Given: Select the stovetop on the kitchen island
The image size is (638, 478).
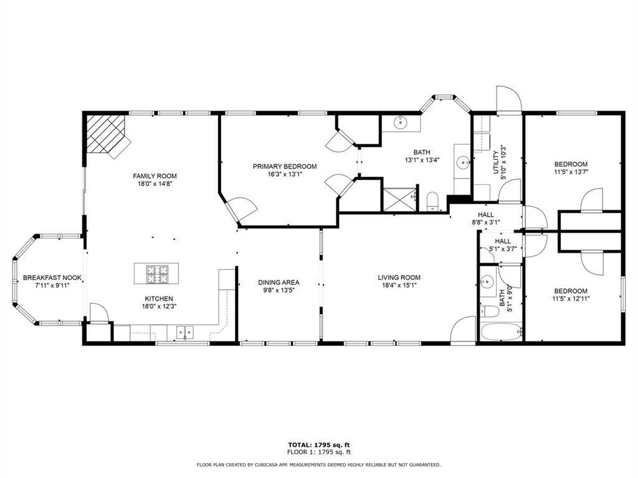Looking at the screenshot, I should (x=157, y=272).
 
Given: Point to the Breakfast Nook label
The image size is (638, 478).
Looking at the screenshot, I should (x=52, y=278).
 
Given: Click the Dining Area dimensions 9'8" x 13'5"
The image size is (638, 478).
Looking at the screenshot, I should (x=279, y=290).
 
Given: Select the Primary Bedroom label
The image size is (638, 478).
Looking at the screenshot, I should (x=284, y=166).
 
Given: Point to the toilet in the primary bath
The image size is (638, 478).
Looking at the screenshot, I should (x=434, y=201).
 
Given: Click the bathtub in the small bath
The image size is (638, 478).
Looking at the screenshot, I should (x=501, y=331).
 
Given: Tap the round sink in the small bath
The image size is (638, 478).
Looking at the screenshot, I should (x=487, y=281).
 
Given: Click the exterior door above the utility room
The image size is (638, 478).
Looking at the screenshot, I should (x=508, y=100).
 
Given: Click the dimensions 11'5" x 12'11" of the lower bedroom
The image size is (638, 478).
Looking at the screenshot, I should (x=571, y=299).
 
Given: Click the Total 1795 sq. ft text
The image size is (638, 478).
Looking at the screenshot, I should (x=318, y=444).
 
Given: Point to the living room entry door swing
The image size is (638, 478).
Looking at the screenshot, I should (x=464, y=329).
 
